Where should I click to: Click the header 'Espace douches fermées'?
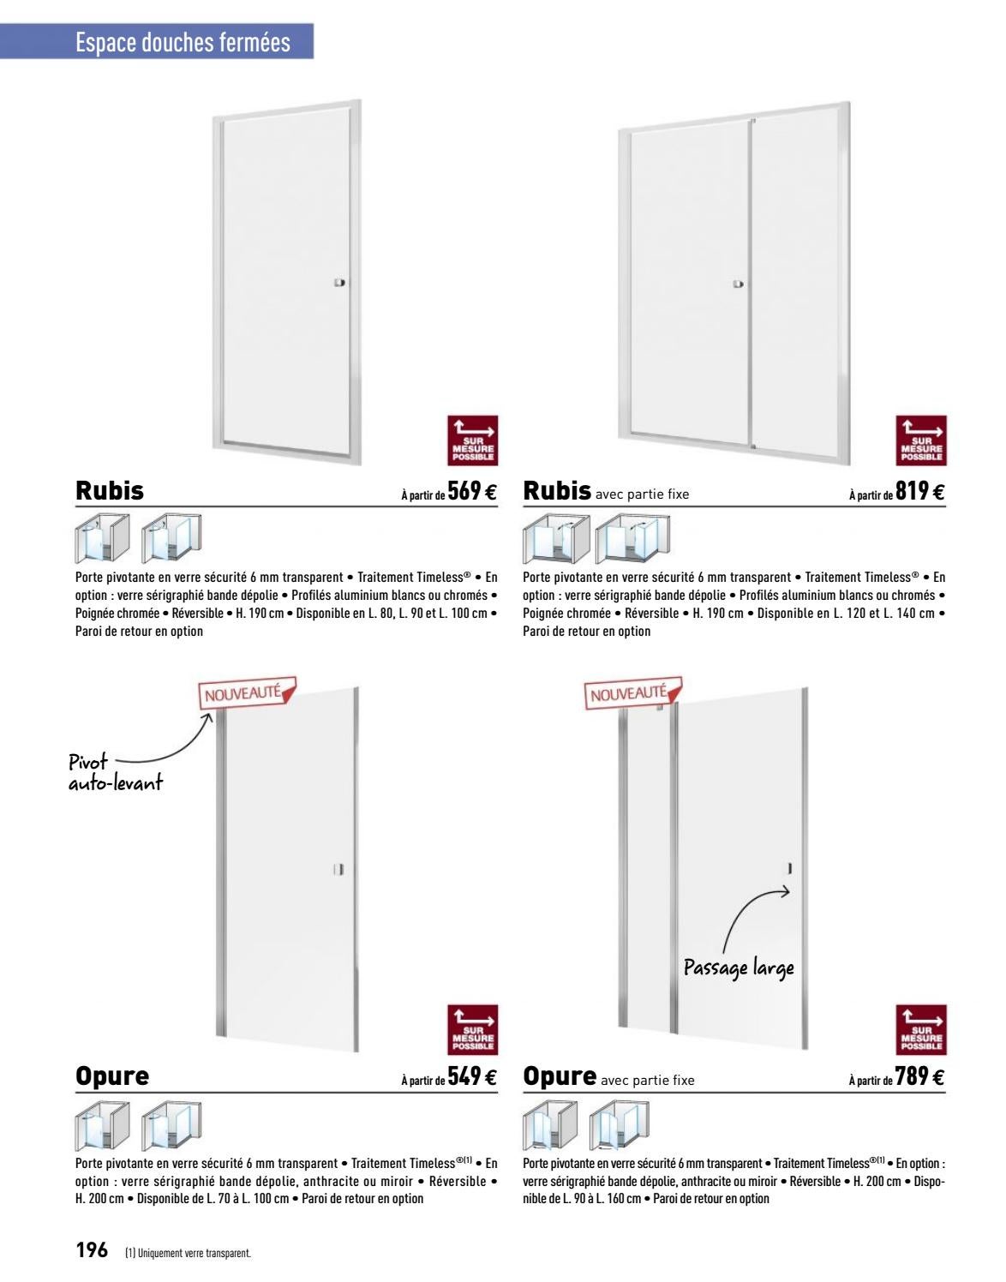coord(183,43)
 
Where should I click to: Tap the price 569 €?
coord(472,491)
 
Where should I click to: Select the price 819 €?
coord(920,491)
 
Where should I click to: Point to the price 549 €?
coord(472,1076)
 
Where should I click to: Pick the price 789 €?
coord(920,1076)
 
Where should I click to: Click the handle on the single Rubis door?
coord(339,283)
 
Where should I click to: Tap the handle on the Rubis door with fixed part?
coord(739,285)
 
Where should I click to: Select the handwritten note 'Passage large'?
coord(739,968)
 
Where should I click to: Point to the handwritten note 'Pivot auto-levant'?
coord(115,772)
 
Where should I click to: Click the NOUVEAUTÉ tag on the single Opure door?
coord(247,692)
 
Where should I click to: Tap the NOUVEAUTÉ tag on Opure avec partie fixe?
coord(632,692)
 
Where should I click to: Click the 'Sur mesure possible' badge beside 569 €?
coord(472,440)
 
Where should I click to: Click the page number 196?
coord(92,1249)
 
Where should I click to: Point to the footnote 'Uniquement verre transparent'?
coord(189,1254)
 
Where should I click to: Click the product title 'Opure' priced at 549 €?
coord(112,1075)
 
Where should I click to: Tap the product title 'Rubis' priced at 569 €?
coord(110,490)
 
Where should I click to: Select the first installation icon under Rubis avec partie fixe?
coord(556,539)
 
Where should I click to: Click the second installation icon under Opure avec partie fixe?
coord(620,1125)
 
